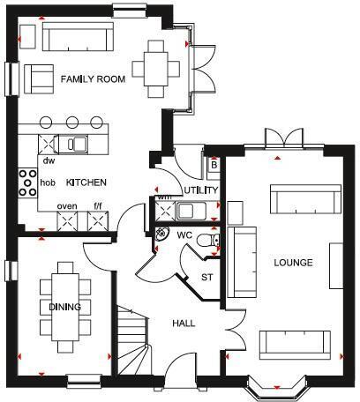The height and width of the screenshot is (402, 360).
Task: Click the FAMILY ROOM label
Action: point(93,79)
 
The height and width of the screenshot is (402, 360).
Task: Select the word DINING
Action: point(66,307)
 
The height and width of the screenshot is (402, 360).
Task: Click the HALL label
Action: point(183,324)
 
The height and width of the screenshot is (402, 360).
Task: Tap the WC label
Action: point(184,236)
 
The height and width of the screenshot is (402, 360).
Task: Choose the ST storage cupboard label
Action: point(207,277)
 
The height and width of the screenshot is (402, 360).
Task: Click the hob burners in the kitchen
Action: point(26,183)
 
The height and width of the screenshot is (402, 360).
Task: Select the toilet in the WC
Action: point(209,241)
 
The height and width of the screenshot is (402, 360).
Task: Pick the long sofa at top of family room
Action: point(78,38)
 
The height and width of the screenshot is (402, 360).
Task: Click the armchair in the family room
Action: point(40,78)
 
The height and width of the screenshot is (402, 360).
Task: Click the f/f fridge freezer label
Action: point(98,206)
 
